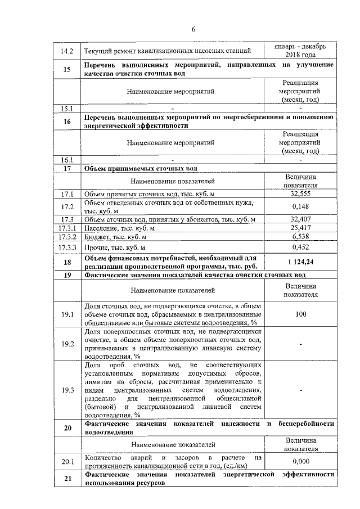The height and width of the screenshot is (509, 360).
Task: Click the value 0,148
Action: click(x=301, y=206)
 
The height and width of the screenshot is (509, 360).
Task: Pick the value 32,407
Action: click(x=301, y=219)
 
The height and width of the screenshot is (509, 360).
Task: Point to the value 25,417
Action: click(x=301, y=228)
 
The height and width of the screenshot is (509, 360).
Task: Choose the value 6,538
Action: click(x=301, y=237)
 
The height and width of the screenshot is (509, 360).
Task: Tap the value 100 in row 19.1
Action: click(x=301, y=314)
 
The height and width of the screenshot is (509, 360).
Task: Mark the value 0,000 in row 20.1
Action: click(x=301, y=461)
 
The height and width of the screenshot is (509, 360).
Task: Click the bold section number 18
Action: click(x=67, y=262)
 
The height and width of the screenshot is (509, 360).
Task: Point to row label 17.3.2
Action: click(x=67, y=237)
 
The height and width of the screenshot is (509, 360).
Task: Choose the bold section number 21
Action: click(x=67, y=479)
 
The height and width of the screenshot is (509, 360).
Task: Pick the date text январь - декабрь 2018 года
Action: click(x=301, y=51)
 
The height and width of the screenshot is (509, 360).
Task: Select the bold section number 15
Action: click(x=67, y=69)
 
